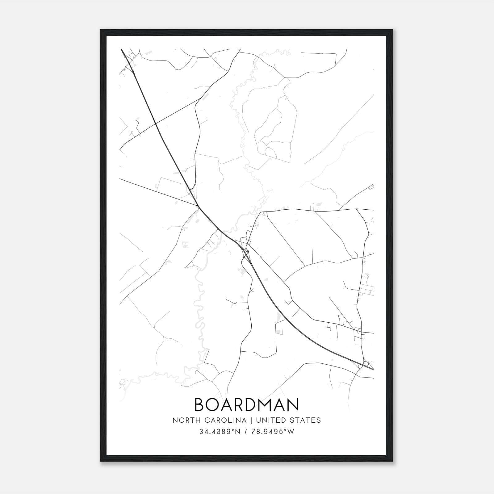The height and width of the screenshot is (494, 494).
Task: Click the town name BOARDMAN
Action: (247, 404)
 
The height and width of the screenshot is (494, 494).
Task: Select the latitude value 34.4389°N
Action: (220, 432)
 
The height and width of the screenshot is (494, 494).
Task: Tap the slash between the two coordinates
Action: (246, 432)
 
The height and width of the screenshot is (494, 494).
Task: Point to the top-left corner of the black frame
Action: (101, 30)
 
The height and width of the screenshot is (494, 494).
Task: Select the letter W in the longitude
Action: (291, 432)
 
